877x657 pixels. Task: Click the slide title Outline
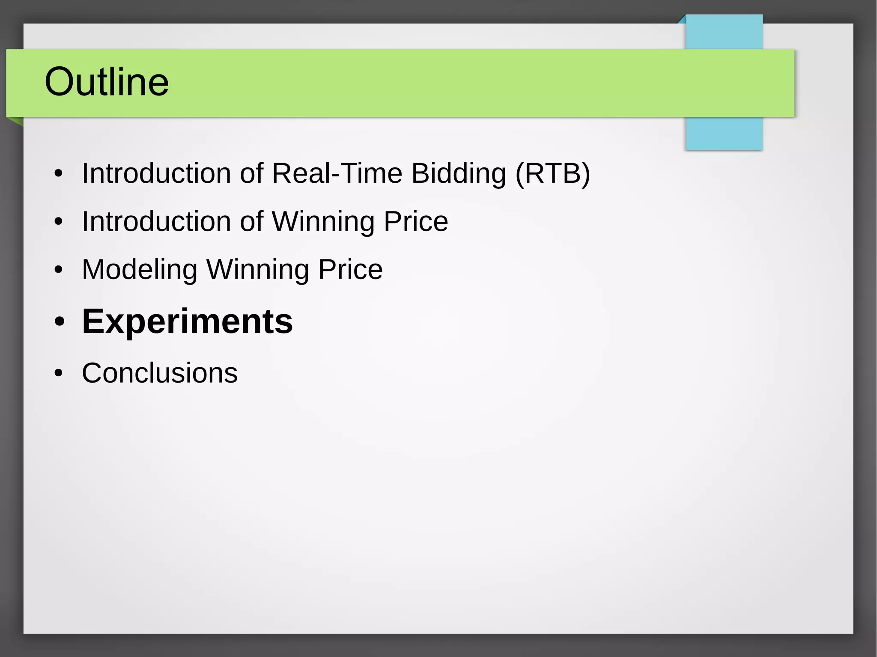click(x=107, y=82)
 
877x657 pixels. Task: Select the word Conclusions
click(x=159, y=373)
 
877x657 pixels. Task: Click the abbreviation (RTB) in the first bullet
click(x=552, y=173)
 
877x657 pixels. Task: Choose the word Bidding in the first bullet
click(x=459, y=173)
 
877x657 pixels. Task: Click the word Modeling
click(x=140, y=270)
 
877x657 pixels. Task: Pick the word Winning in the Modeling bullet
click(x=258, y=270)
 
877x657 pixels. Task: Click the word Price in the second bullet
click(x=416, y=221)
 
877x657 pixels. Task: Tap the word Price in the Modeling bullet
click(x=350, y=270)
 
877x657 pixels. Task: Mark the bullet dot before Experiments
click(x=59, y=322)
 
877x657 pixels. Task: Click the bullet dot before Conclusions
click(x=59, y=373)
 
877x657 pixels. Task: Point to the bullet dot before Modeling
click(x=59, y=270)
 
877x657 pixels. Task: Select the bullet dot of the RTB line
click(x=59, y=174)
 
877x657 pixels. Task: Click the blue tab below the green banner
click(x=724, y=133)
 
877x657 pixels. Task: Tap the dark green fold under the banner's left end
click(x=16, y=122)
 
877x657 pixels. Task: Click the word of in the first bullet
click(x=251, y=173)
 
